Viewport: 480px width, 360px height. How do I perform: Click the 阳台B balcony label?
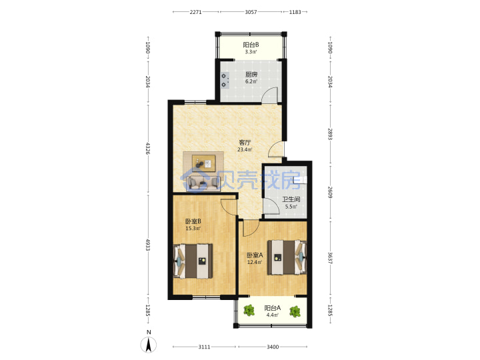251,45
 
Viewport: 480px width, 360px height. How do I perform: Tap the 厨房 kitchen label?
251,75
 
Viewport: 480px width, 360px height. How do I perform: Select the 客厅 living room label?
245,143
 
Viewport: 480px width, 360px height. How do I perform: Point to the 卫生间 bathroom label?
291,199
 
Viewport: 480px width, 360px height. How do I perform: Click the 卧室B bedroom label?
193,221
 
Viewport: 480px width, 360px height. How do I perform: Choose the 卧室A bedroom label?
255,255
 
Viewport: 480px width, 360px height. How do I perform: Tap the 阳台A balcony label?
273,308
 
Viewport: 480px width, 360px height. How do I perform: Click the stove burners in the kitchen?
225,80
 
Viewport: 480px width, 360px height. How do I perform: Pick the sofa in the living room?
203,184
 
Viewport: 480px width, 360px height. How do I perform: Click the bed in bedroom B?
193,261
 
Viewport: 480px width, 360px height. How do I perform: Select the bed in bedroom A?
287,257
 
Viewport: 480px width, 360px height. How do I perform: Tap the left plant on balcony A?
249,311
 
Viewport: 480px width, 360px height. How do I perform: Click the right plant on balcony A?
295,311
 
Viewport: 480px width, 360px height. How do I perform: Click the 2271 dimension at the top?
195,12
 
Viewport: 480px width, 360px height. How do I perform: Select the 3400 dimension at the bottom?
273,347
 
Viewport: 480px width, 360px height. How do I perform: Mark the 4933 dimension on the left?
148,245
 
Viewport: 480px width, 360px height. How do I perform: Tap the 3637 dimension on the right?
330,258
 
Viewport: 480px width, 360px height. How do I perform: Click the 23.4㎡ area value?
245,150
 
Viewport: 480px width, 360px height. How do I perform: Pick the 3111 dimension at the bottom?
204,347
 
